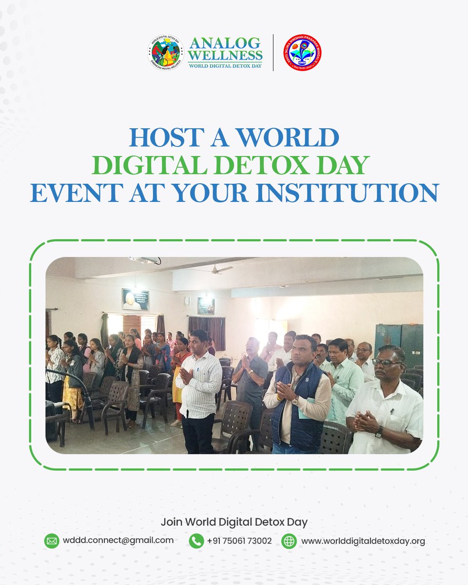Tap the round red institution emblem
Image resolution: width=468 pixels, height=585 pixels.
[x=303, y=52]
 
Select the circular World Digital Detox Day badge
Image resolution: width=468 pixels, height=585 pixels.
[x=165, y=52]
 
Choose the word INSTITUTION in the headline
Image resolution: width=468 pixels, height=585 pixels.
[x=356, y=193]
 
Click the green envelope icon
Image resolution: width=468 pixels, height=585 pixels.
[x=52, y=541]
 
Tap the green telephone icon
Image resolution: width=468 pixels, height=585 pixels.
[x=196, y=541]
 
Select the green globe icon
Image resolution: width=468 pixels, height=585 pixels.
[x=289, y=541]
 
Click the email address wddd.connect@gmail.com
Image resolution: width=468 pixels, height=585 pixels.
[x=118, y=540]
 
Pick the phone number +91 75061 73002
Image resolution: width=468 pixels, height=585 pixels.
[x=239, y=541]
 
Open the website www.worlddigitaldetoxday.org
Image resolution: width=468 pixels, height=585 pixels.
[x=363, y=541]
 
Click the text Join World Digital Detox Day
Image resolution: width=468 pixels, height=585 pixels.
[x=234, y=522]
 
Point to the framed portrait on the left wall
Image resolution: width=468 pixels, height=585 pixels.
[x=135, y=299]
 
